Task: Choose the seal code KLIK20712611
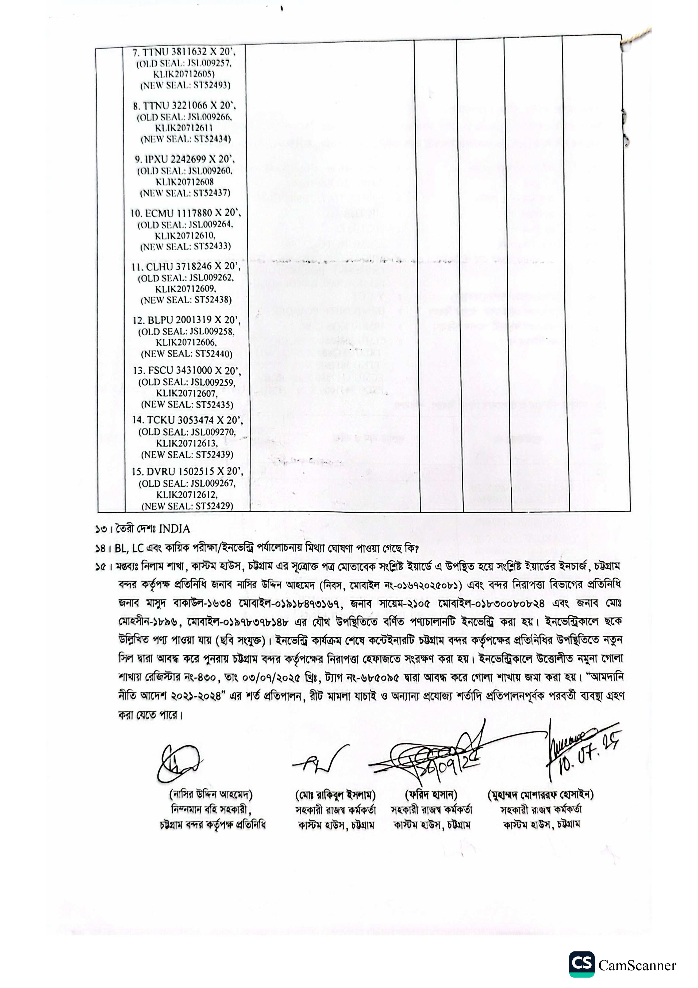point(184,128)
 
